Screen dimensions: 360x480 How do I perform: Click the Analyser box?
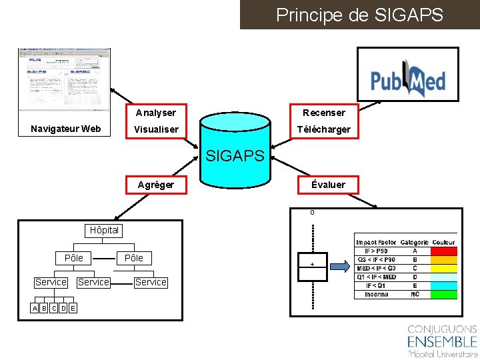[156, 113]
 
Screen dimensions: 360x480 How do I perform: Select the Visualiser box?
[156, 129]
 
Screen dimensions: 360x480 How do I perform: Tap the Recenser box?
[323, 113]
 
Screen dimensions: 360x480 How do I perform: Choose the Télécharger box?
[323, 129]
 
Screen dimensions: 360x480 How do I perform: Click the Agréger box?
[156, 185]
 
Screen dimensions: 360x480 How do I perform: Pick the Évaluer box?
[328, 185]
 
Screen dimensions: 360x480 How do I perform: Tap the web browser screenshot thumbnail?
[65, 80]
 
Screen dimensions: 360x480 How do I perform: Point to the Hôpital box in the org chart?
[104, 231]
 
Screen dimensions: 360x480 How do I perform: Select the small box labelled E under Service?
[72, 307]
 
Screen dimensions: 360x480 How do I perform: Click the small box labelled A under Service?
[35, 307]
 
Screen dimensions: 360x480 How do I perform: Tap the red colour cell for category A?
[444, 251]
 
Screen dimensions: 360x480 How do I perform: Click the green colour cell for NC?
[444, 294]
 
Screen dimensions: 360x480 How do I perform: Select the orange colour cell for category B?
[444, 260]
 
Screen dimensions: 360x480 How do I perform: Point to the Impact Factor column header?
[376, 243]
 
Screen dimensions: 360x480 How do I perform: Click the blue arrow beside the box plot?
[340, 267]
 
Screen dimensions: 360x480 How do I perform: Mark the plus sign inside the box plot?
[312, 265]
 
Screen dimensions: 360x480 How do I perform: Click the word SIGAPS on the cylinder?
[235, 157]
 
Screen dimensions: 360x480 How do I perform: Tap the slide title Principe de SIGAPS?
[359, 15]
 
